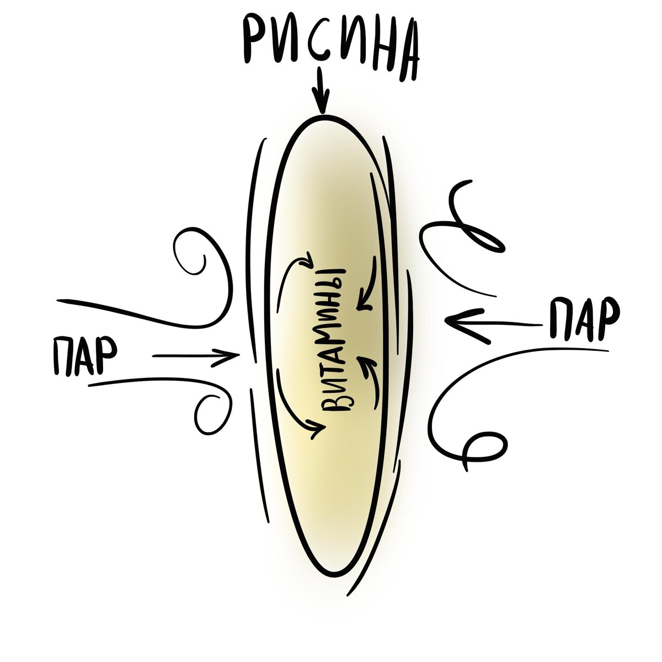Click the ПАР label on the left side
click(x=84, y=355)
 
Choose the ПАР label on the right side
click(x=585, y=318)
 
